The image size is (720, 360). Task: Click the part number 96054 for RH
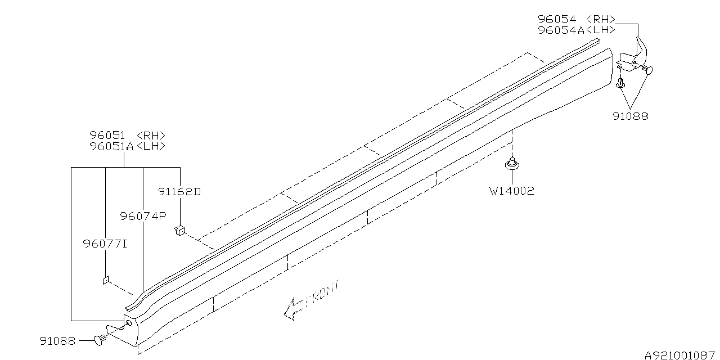click(x=557, y=19)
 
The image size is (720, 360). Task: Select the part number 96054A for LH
click(x=561, y=30)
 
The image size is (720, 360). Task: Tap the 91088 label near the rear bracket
click(x=631, y=116)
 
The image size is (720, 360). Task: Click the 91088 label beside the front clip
click(x=57, y=341)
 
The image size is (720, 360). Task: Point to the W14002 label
click(x=512, y=191)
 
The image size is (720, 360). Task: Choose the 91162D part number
click(x=179, y=192)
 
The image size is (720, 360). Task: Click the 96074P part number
click(x=143, y=216)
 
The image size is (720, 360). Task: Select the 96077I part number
click(x=105, y=244)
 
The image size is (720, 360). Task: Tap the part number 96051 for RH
click(x=107, y=136)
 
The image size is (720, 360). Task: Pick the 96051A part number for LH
click(x=111, y=146)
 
